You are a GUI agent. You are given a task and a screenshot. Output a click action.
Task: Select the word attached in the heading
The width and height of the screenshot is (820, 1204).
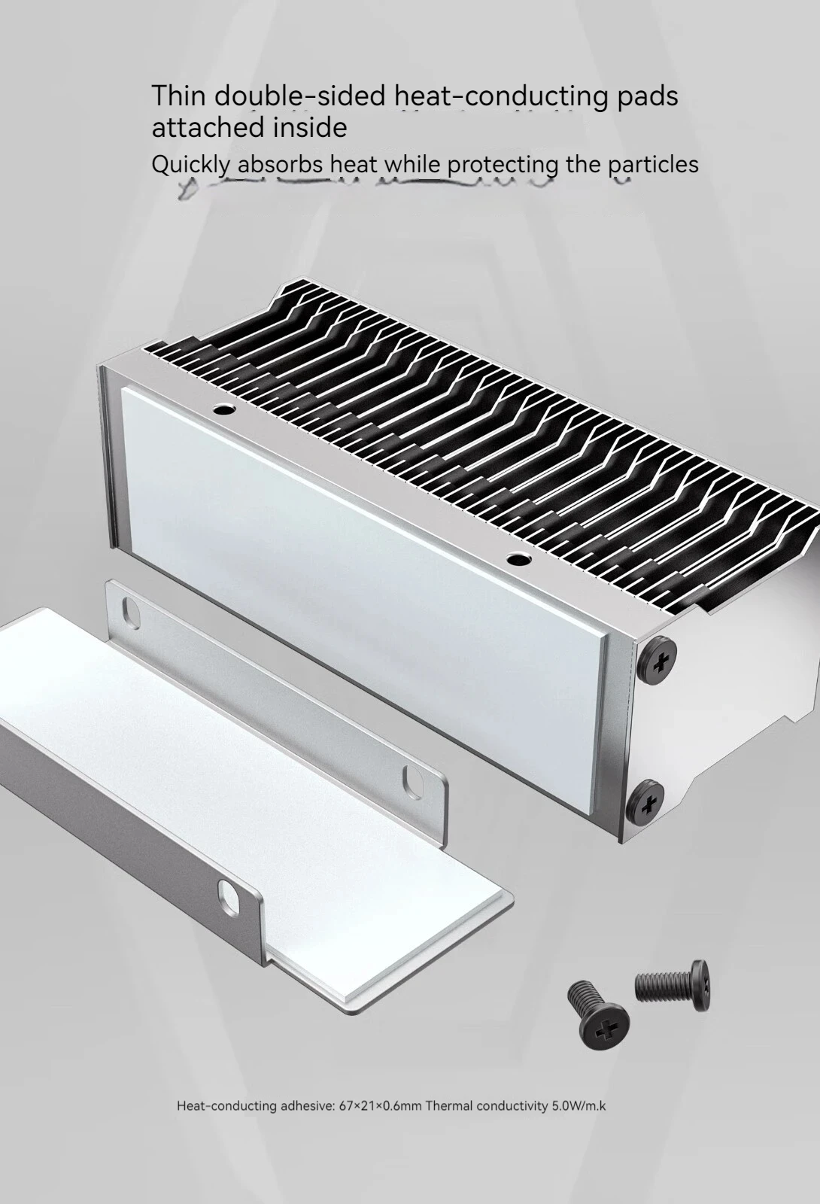click(x=207, y=127)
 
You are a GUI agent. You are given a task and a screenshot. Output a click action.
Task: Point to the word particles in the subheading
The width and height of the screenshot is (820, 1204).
click(x=653, y=165)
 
